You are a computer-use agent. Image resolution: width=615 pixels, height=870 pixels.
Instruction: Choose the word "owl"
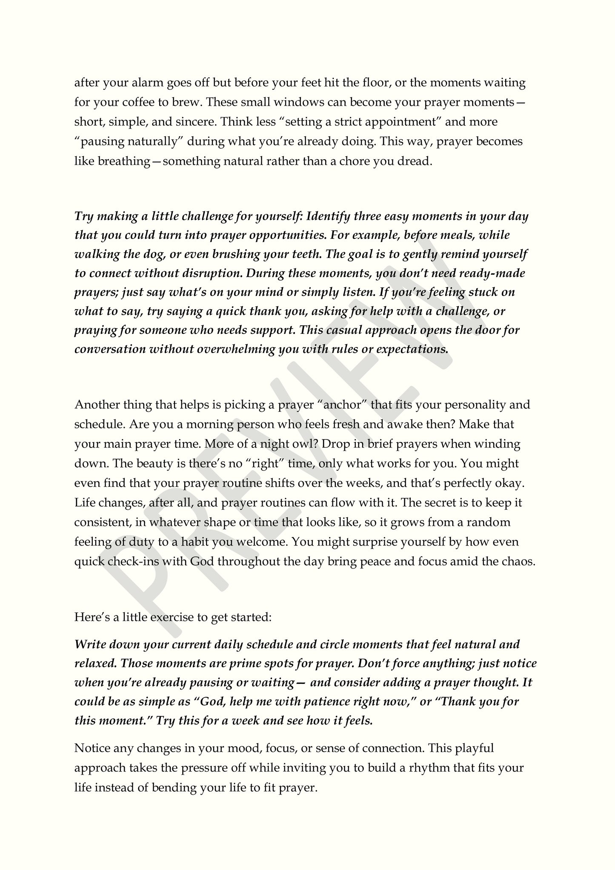[303, 444]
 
